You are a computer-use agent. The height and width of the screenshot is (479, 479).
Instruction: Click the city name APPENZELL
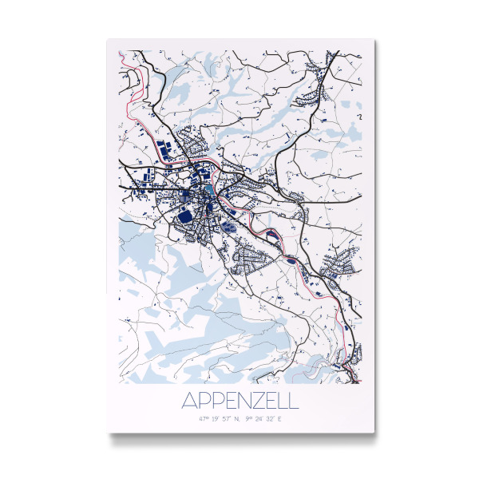[239, 399]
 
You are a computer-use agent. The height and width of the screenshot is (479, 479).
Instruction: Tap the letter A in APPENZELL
[189, 399]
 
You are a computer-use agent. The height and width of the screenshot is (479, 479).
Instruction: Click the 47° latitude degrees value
[205, 418]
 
